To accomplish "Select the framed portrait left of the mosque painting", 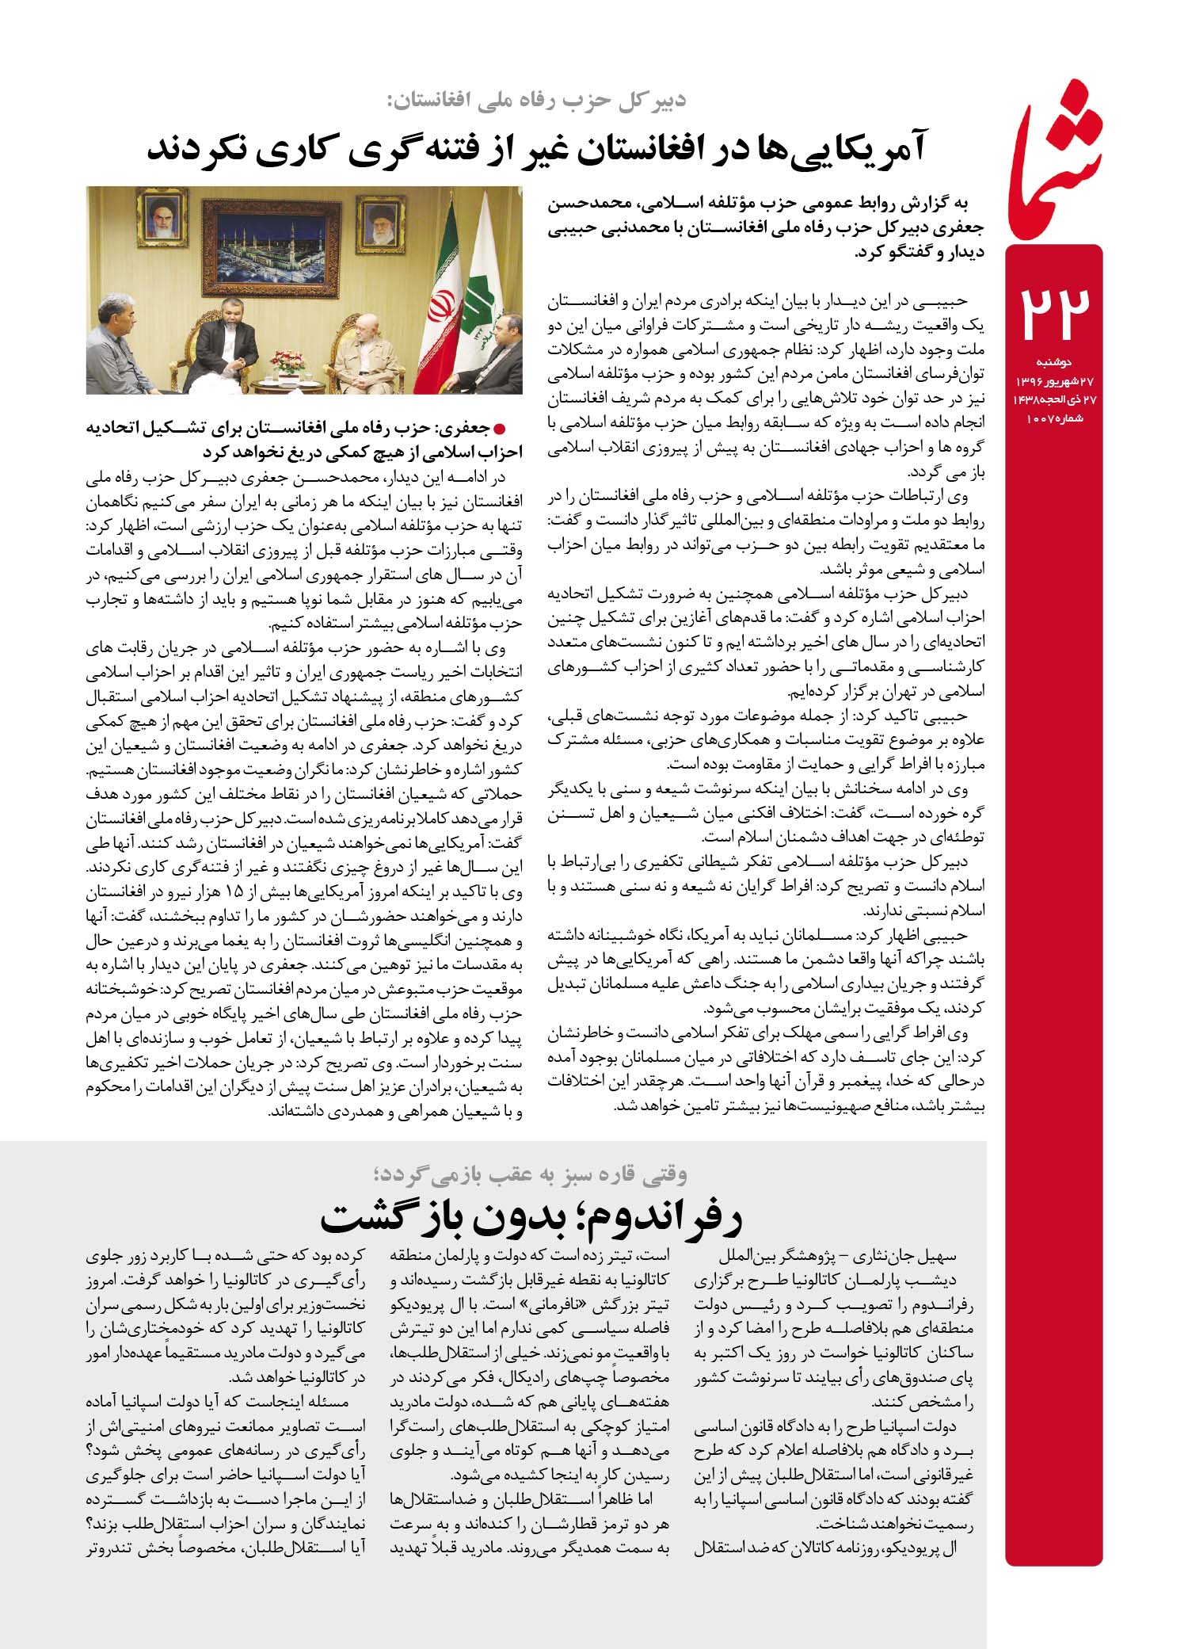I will (x=162, y=215).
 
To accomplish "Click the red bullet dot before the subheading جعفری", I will (x=499, y=429).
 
